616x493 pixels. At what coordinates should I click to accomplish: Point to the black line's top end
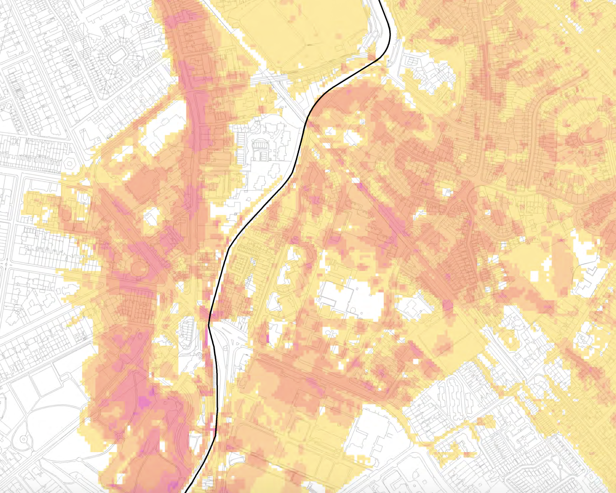point(380,1)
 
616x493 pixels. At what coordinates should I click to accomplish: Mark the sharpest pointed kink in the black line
point(209,325)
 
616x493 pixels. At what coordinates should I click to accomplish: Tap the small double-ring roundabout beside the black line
point(199,356)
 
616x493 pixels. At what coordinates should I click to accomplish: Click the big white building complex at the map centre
point(350,298)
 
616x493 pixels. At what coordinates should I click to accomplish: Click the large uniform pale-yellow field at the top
point(302,34)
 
